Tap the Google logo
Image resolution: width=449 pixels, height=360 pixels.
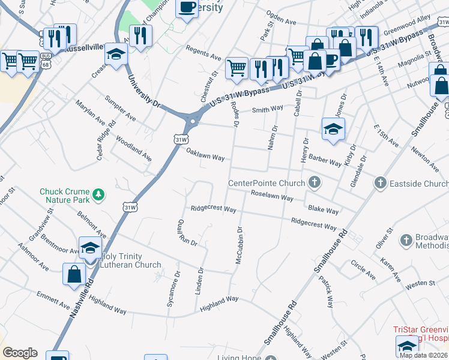[x=20, y=353]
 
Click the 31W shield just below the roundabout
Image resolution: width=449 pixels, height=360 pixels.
[x=180, y=139]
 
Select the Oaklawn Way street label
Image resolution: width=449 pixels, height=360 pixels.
[x=205, y=155]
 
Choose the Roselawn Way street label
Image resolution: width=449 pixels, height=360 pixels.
[x=273, y=195]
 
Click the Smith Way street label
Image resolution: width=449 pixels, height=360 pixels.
[x=268, y=109]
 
